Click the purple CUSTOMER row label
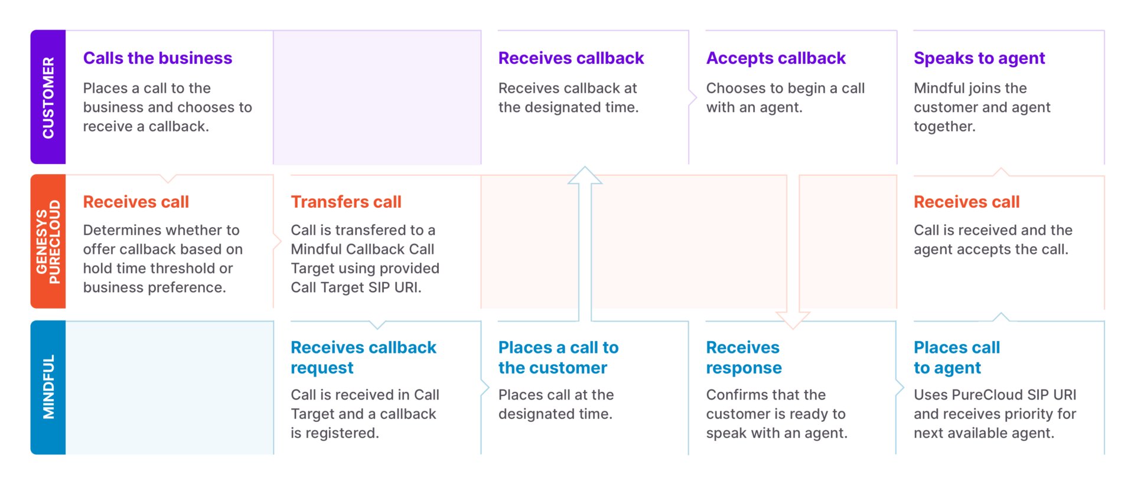(x=48, y=97)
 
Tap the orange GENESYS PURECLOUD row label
(x=48, y=241)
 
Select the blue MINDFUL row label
(x=48, y=387)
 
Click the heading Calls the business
(x=157, y=58)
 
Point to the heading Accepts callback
(x=775, y=58)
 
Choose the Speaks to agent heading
(x=979, y=58)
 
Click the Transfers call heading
(x=346, y=202)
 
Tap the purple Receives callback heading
(x=571, y=58)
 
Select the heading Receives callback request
(x=363, y=357)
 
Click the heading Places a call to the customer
(x=558, y=357)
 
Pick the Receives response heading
(x=743, y=357)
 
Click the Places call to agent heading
(x=956, y=357)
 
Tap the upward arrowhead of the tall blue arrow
(x=585, y=175)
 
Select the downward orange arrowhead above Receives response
(x=792, y=321)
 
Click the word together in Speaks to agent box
(x=943, y=126)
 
